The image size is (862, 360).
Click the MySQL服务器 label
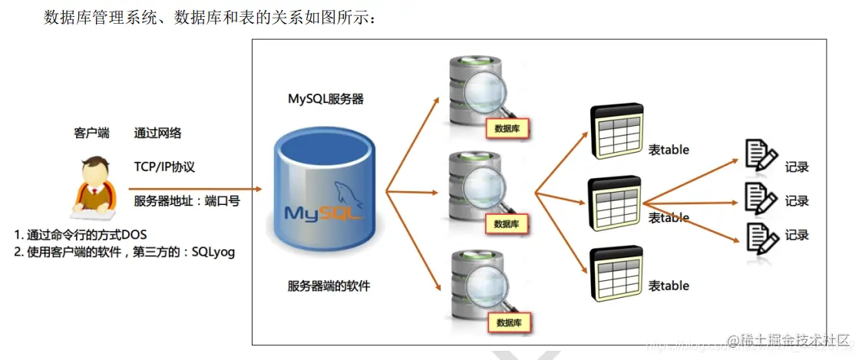coord(325,99)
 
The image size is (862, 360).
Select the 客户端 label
coord(91,133)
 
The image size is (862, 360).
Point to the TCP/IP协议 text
coord(169,167)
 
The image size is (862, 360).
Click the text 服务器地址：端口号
coord(187,201)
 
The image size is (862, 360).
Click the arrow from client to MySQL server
coord(192,189)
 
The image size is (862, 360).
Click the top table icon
coord(616,133)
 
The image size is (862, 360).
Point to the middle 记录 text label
coord(797,201)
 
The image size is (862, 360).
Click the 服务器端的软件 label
coord(329,286)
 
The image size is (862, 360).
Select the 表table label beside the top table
coord(669,150)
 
